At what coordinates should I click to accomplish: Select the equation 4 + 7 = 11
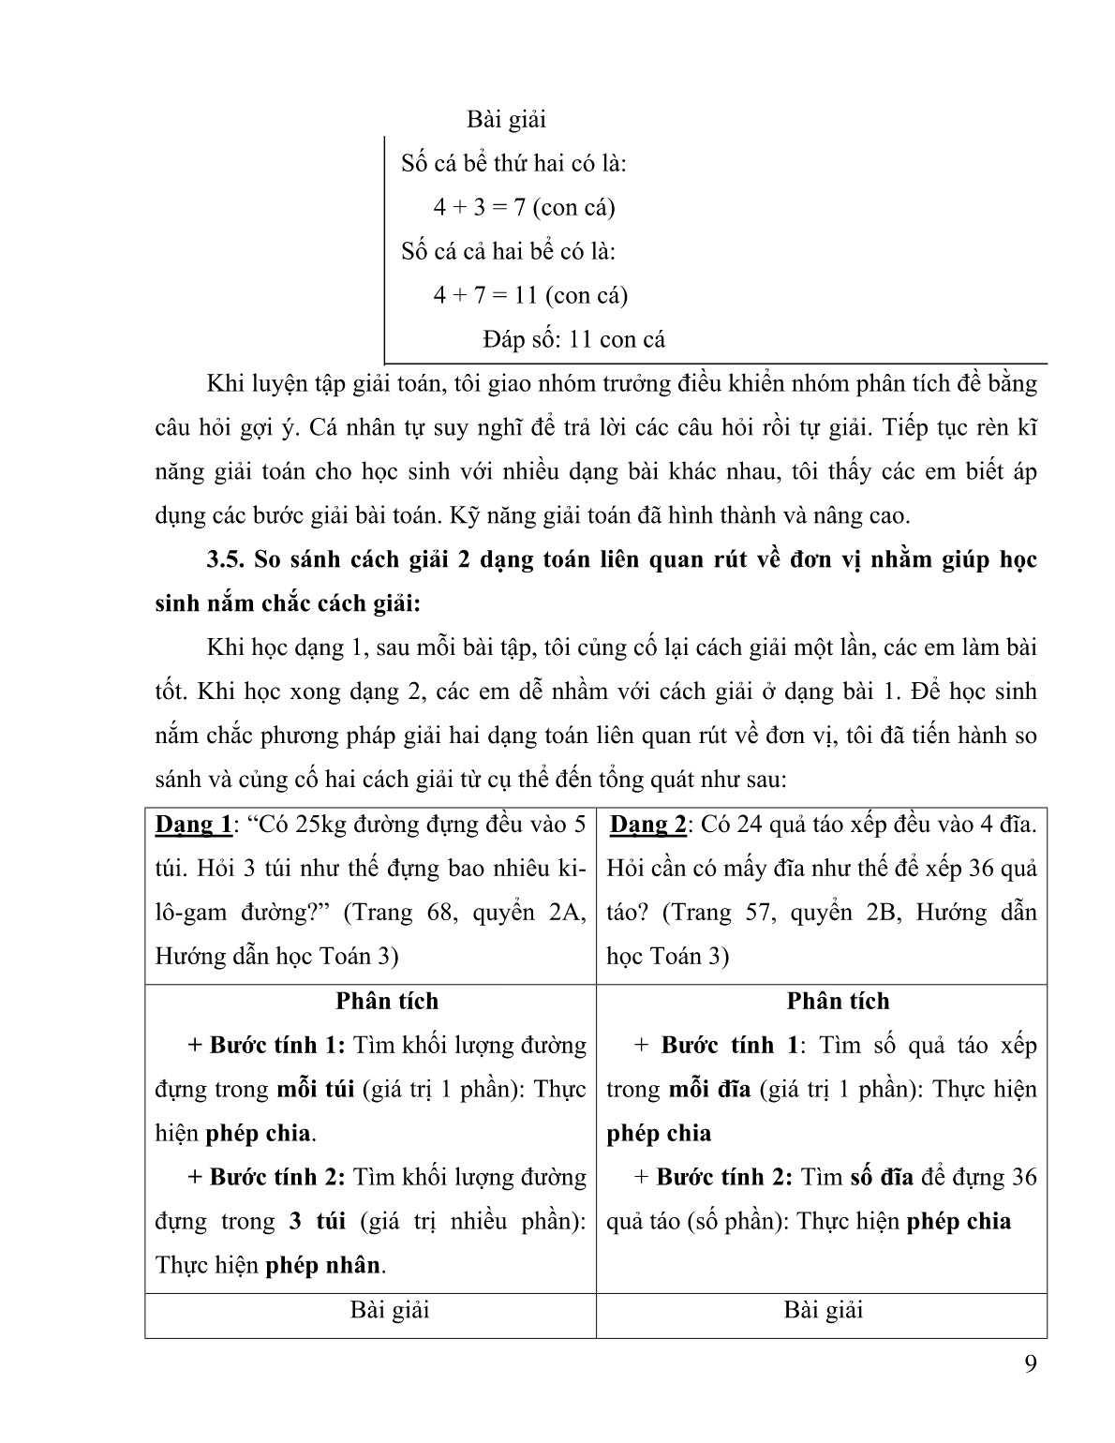click(485, 295)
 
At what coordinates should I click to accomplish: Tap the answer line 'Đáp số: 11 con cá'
click(574, 339)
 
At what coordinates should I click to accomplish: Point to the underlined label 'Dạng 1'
click(193, 825)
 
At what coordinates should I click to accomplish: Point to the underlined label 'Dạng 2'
click(648, 825)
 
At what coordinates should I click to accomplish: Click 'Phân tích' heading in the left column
click(387, 1001)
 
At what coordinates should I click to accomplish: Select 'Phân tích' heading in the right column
click(838, 1001)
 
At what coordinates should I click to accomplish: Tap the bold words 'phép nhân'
click(323, 1265)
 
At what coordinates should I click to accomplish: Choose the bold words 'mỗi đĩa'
click(708, 1089)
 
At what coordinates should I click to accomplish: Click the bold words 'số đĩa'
click(881, 1177)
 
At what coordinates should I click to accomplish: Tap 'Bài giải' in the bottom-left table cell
click(390, 1310)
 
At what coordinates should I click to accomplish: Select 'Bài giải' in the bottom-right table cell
click(823, 1310)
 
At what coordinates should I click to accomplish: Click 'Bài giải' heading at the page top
click(506, 120)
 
